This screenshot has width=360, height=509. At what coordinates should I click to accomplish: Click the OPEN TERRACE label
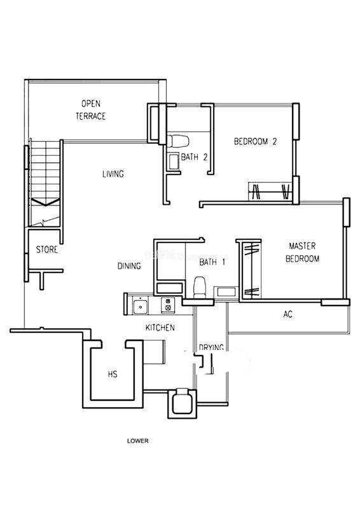(90, 110)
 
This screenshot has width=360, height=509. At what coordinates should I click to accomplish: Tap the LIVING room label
(113, 174)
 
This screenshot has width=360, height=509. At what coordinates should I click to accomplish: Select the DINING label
(129, 266)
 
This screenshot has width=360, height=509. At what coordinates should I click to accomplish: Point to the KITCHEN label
(160, 328)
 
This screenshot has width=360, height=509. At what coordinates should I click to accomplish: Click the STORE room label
(46, 249)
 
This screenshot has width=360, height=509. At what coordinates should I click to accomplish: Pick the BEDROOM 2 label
(256, 141)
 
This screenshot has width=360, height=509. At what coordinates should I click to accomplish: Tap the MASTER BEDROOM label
(302, 252)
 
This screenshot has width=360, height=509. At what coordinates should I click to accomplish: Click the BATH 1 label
(212, 262)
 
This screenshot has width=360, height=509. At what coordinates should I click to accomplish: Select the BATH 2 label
(194, 157)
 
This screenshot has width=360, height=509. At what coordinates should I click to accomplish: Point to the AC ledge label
(287, 314)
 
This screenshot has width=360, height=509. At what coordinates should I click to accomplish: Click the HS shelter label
(113, 374)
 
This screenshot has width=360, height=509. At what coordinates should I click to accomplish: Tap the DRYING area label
(211, 347)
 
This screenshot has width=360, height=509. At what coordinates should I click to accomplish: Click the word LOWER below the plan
(137, 441)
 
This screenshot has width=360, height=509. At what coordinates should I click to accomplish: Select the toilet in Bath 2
(178, 141)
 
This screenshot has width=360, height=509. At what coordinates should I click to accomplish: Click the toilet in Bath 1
(200, 287)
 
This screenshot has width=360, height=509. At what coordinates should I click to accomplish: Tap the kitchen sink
(141, 306)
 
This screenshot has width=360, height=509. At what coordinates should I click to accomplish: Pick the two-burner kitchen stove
(168, 305)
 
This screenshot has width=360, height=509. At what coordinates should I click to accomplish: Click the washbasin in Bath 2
(174, 162)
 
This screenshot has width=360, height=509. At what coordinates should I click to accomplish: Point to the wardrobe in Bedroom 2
(270, 192)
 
